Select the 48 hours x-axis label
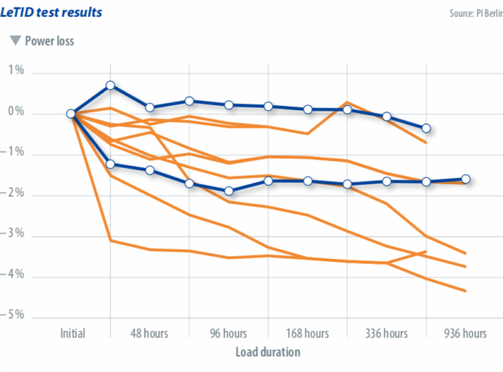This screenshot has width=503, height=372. click(x=150, y=333)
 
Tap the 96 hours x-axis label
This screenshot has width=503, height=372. click(x=229, y=333)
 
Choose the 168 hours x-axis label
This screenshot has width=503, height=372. click(x=307, y=333)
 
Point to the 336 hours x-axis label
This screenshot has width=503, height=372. click(x=386, y=333)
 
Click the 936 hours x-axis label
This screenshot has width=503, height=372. click(x=464, y=333)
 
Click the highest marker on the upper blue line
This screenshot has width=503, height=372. click(x=111, y=86)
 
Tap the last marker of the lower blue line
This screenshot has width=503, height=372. click(x=465, y=179)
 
